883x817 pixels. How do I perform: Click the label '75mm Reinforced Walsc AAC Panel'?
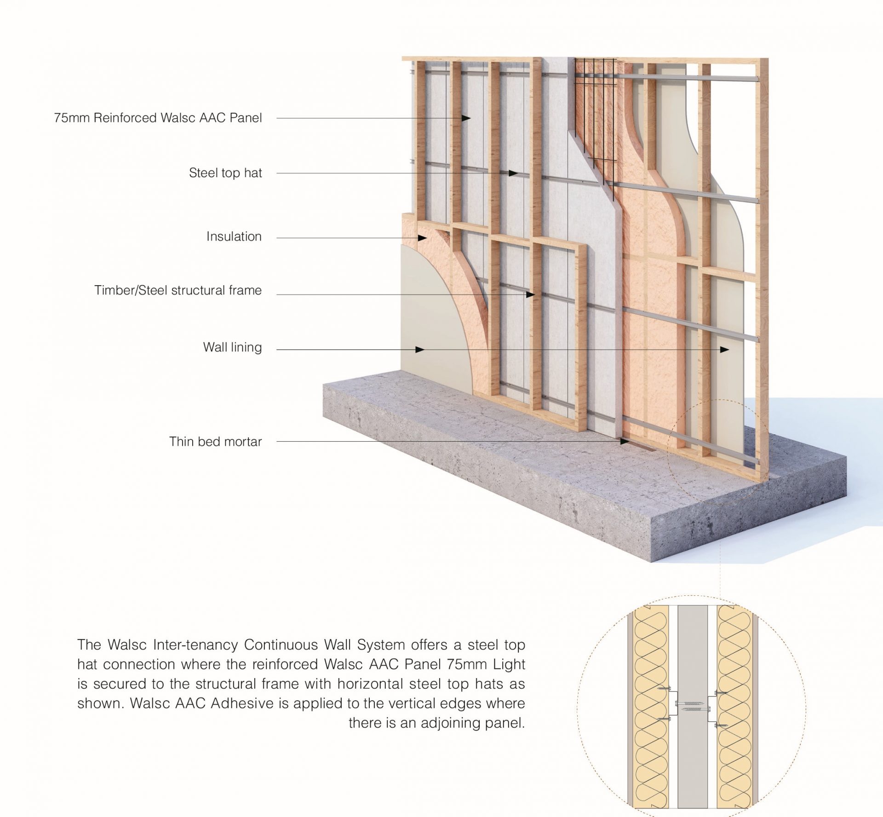click(158, 118)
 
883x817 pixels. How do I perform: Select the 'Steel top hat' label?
click(225, 173)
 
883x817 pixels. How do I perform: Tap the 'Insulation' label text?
click(234, 236)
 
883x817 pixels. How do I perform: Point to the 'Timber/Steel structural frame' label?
click(178, 290)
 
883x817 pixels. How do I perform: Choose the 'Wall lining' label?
click(232, 347)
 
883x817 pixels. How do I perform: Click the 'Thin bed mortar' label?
click(215, 442)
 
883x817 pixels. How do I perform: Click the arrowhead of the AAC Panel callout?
click(466, 118)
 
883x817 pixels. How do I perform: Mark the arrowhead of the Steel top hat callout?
click(513, 173)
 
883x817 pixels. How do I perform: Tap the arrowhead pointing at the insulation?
click(422, 238)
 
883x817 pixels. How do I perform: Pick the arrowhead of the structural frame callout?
click(531, 294)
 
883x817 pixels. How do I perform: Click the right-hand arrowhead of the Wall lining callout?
click(725, 350)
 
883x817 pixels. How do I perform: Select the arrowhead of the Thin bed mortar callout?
click(624, 442)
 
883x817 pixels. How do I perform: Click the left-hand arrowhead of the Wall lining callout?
click(419, 350)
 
